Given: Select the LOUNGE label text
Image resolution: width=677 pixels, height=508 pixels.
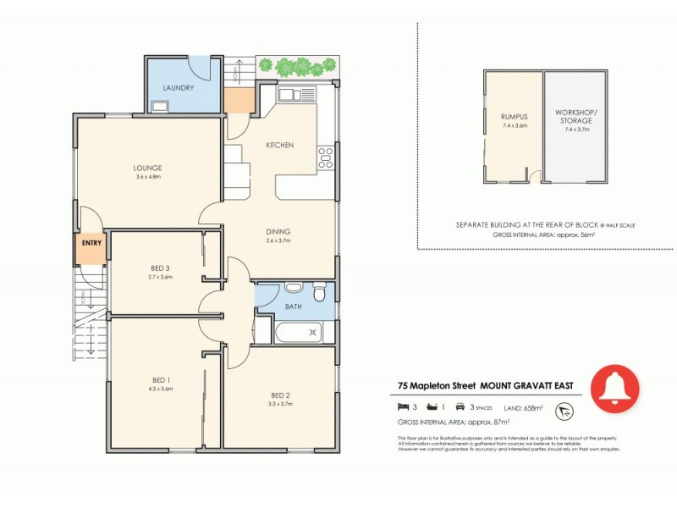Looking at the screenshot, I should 147,168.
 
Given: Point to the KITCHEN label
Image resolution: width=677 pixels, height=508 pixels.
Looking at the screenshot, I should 280,146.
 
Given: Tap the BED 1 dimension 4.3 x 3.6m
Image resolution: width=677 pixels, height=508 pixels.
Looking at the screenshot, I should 160,389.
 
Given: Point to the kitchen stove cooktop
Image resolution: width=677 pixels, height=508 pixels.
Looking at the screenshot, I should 325,157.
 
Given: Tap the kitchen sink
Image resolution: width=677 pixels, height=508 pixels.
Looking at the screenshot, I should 295,93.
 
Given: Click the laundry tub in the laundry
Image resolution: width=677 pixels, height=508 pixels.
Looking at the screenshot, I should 159,106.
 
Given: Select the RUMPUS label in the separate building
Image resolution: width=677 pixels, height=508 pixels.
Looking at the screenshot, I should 514,118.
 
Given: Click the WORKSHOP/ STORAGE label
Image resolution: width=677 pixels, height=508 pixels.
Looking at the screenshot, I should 575,116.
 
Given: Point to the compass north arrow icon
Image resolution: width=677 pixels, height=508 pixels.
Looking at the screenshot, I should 561,410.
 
